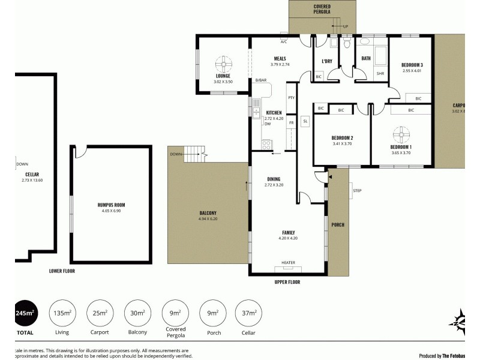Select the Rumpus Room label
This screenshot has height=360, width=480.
[111, 205]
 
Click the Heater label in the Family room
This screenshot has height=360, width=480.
[289, 262]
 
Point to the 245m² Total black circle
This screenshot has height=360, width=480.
[25, 313]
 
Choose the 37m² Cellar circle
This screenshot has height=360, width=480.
[248, 313]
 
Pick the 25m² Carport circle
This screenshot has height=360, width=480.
[100, 313]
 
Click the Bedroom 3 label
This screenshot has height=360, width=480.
[412, 65]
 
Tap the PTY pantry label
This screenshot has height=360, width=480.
[291, 98]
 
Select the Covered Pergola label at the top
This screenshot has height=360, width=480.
[322, 9]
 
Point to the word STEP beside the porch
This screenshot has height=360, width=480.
[357, 191]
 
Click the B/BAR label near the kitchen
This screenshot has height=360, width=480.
[260, 80]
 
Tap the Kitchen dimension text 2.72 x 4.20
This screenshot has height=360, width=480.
[274, 118]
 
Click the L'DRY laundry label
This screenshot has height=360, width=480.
[327, 61]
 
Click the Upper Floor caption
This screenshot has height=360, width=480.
[286, 282]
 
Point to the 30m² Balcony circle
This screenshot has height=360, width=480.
[137, 313]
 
